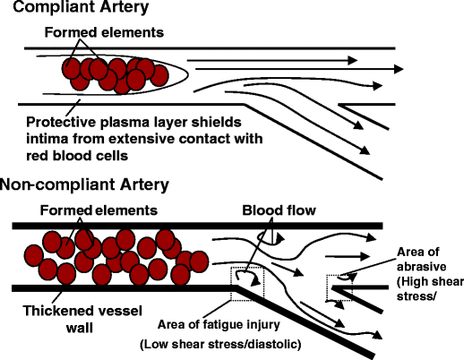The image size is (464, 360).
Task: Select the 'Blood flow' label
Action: [x=277, y=210]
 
